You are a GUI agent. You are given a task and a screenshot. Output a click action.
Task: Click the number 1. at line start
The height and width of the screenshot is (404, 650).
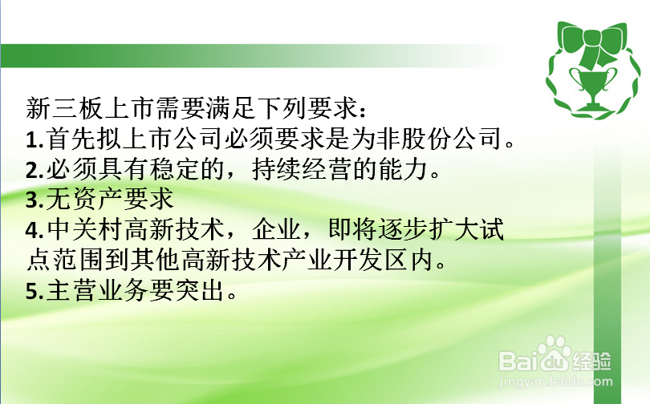pyautogui.click(x=34, y=141)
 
